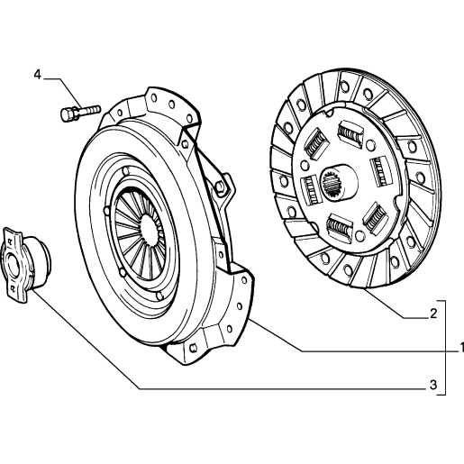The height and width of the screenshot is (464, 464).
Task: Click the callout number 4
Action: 37,74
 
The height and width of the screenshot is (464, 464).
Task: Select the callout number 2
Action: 433,314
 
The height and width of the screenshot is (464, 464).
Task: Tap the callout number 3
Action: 432,385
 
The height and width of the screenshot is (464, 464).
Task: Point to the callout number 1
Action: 461,348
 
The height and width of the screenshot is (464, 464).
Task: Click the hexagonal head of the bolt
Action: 68,115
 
